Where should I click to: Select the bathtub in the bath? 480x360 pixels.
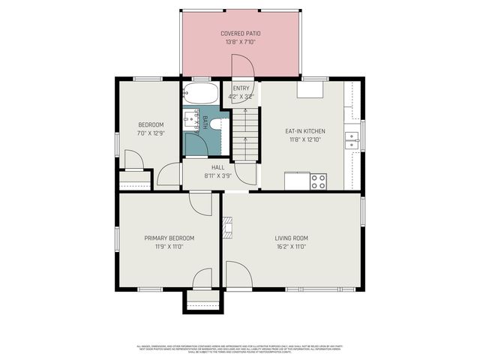[x=199, y=94]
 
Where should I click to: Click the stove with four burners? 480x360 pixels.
[x=318, y=181]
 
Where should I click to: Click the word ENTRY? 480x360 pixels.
[x=241, y=89]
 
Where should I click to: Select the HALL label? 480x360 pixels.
[x=217, y=167]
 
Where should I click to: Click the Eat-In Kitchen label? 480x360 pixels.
[x=304, y=130]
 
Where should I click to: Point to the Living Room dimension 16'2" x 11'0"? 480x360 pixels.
[x=291, y=247]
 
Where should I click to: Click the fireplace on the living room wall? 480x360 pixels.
[x=227, y=226]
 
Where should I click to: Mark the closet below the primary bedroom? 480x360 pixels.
[x=202, y=301]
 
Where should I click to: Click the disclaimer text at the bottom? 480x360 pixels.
[x=240, y=348]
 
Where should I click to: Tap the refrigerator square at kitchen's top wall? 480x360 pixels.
[x=310, y=89]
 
